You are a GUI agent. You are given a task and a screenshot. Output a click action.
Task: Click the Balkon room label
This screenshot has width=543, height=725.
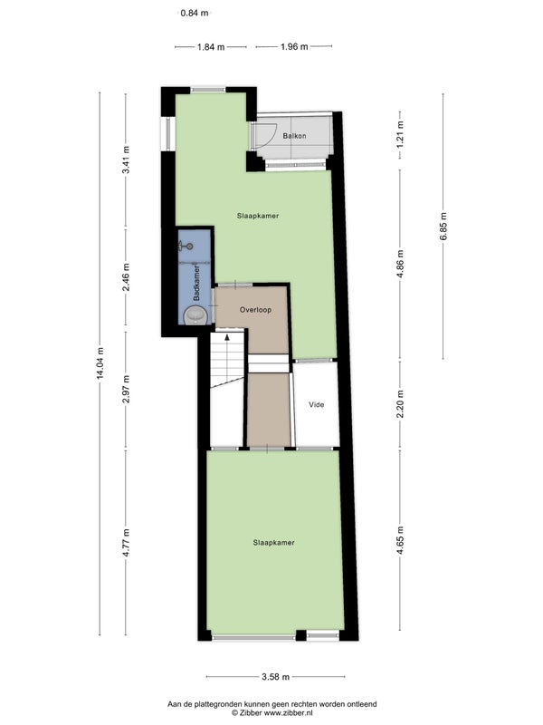click(x=294, y=136)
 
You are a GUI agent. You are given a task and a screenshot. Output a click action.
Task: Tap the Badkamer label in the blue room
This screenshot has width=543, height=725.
click(x=196, y=283)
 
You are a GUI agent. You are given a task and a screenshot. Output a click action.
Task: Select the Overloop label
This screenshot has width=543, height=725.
click(x=255, y=310)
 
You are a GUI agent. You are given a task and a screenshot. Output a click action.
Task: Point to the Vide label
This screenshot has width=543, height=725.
click(x=316, y=404)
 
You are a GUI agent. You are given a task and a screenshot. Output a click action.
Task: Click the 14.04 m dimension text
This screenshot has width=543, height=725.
click(x=100, y=363)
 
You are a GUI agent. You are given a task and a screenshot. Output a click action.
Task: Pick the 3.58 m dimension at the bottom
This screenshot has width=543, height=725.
click(x=276, y=677)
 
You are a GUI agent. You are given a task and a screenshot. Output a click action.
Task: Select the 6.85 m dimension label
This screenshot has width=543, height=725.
click(x=443, y=226)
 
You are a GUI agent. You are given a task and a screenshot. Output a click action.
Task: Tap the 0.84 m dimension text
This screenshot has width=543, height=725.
click(x=195, y=13)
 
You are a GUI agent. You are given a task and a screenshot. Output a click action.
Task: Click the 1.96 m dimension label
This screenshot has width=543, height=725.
click(x=294, y=47)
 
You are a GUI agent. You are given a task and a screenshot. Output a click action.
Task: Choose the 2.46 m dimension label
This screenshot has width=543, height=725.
click(x=126, y=277)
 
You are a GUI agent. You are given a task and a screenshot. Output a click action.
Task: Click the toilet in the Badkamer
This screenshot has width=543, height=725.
click(x=195, y=315)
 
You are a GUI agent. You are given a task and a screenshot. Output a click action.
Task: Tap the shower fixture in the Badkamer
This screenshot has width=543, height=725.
click(x=186, y=246)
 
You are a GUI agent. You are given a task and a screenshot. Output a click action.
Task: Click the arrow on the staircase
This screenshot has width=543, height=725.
click(x=227, y=337)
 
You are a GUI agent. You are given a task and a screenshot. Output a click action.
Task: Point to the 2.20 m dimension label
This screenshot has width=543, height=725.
click(x=400, y=404)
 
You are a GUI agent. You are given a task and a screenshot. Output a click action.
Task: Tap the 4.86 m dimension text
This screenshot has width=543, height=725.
click(x=400, y=264)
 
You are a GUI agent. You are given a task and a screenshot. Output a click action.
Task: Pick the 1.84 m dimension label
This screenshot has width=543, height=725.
click(x=211, y=47)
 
